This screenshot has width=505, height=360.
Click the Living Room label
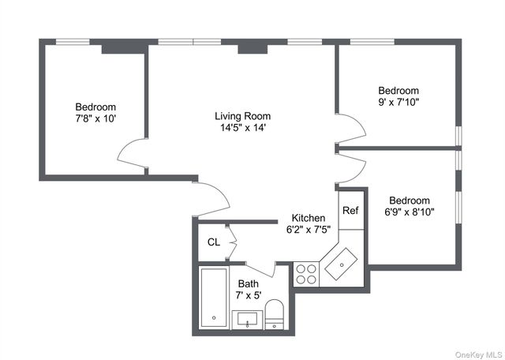(244, 116)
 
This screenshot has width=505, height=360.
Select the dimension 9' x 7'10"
(398, 102)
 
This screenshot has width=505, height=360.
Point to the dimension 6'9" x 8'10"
(409, 212)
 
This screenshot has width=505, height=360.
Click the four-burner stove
(306, 273)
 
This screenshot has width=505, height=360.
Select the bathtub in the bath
(213, 297)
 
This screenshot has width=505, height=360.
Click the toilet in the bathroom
(275, 313)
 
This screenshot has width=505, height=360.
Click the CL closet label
(213, 242)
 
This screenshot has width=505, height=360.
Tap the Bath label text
(248, 283)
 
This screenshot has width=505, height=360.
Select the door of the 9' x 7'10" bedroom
(351, 126)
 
